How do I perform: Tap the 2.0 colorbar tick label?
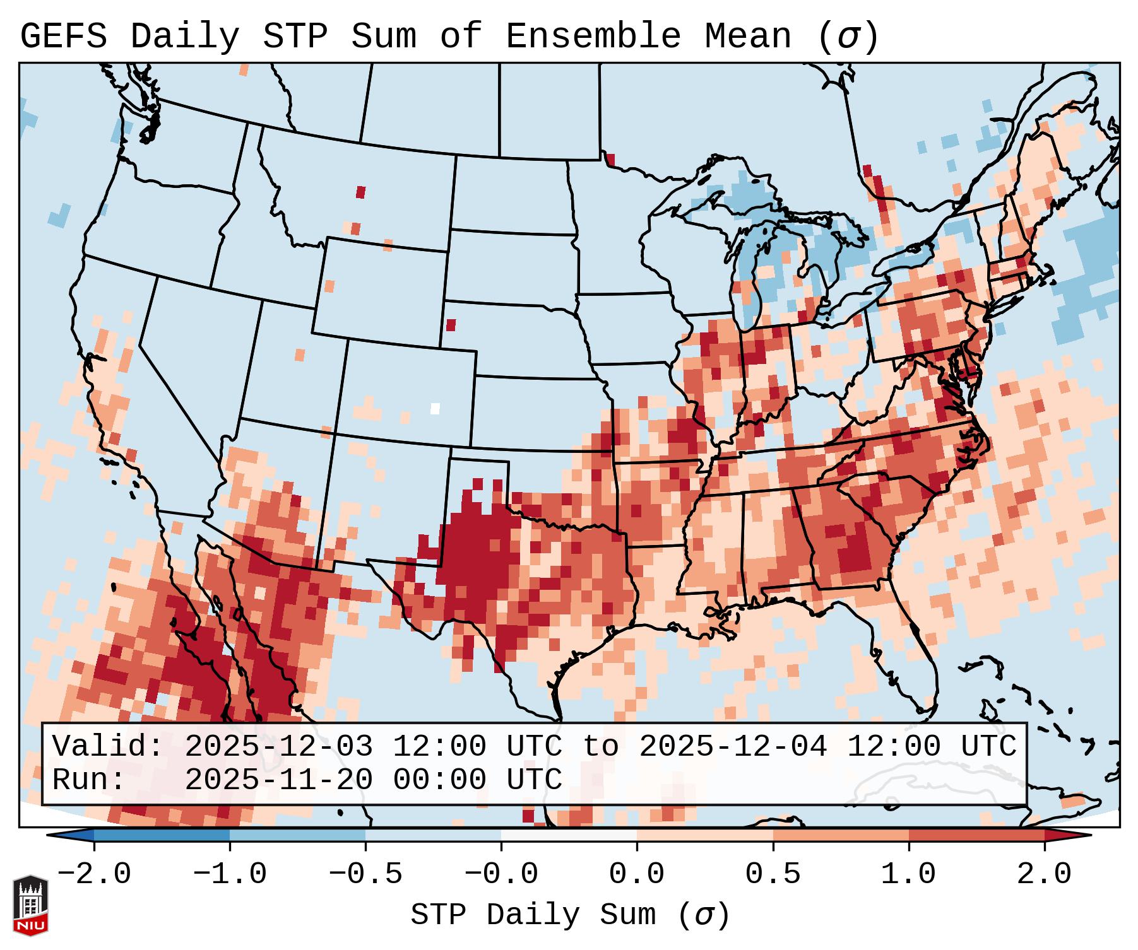coord(1044,874)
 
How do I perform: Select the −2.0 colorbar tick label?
coord(94,874)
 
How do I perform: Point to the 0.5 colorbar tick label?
coord(773,874)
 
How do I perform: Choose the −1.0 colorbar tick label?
coord(230,874)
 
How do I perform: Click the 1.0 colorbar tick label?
coord(908,874)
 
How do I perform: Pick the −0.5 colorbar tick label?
coord(365,874)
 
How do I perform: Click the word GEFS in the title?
coord(63,37)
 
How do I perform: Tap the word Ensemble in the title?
coord(593,37)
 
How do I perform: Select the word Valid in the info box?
coord(107,746)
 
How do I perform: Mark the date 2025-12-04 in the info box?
coord(733,746)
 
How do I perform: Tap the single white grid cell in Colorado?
coord(435,408)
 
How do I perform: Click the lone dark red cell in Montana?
coord(360,192)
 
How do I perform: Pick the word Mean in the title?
coord(747,37)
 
